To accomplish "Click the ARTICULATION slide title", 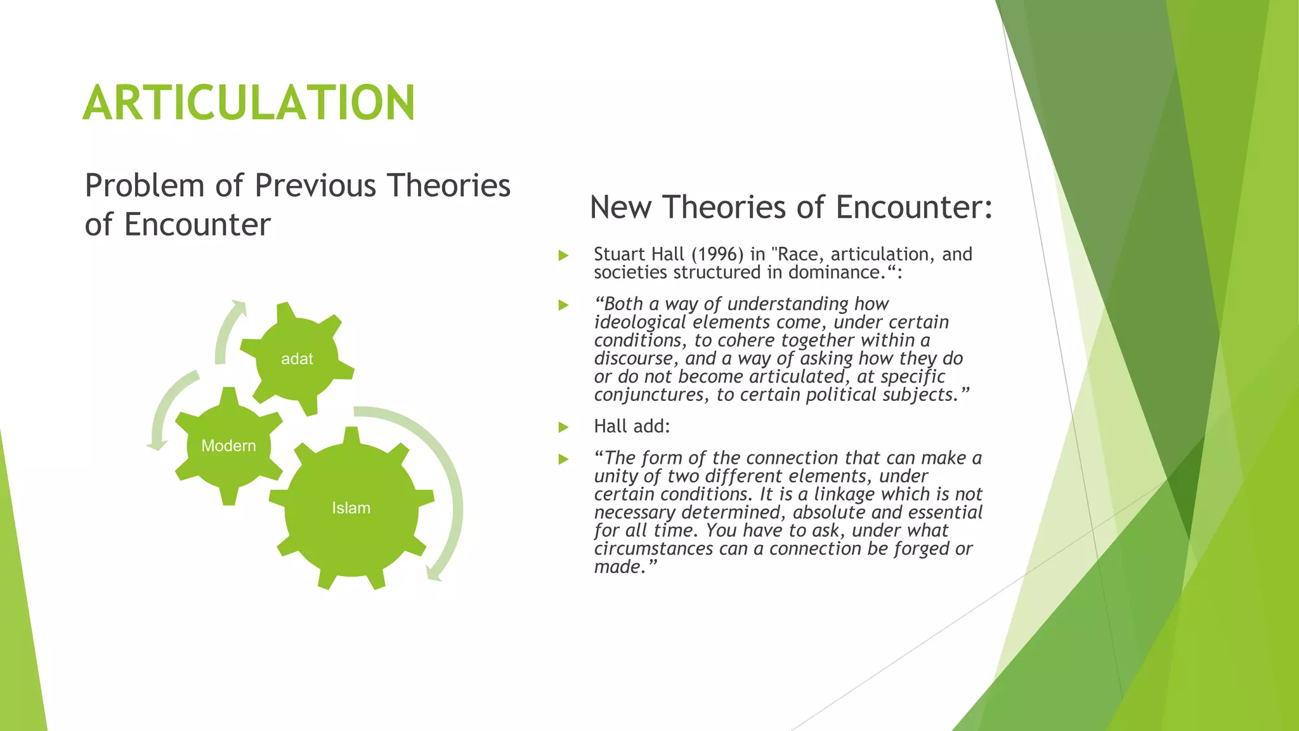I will tap(249, 103).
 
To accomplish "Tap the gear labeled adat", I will tap(297, 359).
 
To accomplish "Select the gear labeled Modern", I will tap(228, 445).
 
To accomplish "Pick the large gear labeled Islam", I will tap(351, 508).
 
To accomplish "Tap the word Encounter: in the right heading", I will tap(914, 207).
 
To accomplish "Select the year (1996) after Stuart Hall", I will tap(717, 254).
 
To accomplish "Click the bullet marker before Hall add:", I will tap(563, 427).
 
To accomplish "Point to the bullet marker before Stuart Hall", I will tap(563, 256).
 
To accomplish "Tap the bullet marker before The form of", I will tap(563, 459).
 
